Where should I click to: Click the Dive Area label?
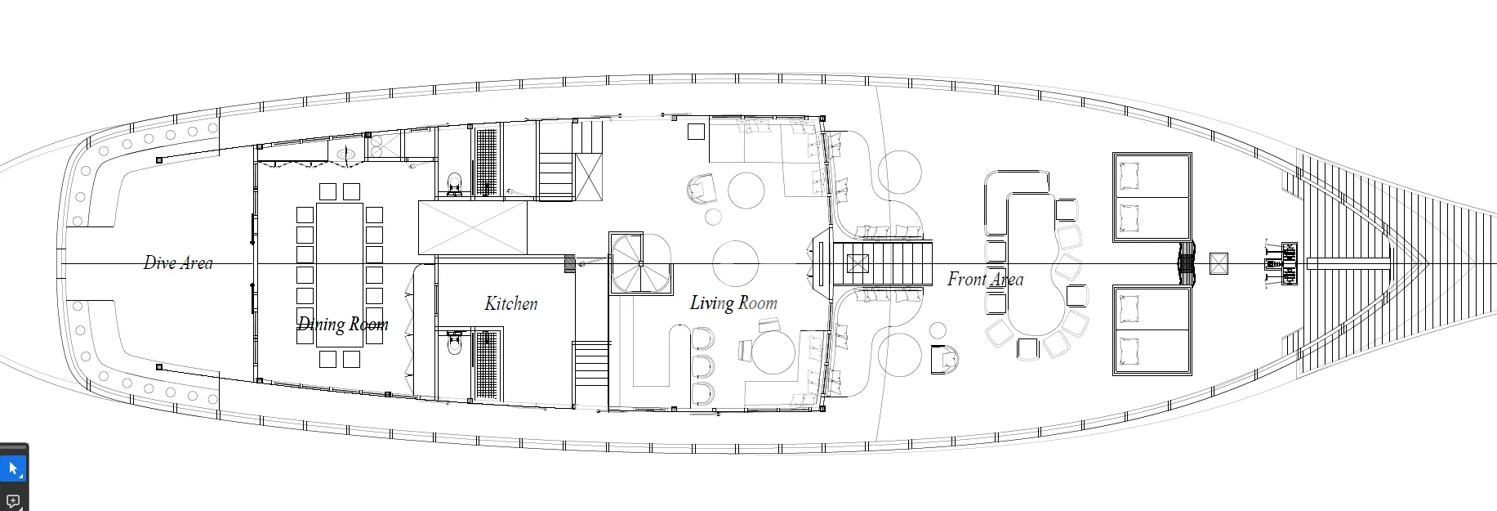click(x=178, y=263)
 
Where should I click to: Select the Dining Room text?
click(x=342, y=325)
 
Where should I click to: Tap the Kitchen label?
click(x=511, y=303)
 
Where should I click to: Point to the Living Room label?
click(x=733, y=303)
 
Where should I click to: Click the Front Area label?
click(x=985, y=280)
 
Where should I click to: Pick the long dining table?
click(x=340, y=275)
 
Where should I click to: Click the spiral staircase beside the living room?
click(x=640, y=263)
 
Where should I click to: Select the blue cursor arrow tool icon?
click(x=13, y=469)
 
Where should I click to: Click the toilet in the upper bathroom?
click(x=454, y=185)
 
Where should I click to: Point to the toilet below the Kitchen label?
click(x=454, y=344)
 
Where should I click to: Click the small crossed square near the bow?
click(x=1218, y=263)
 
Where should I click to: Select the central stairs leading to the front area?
click(x=883, y=262)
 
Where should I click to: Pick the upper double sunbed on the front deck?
click(x=1152, y=196)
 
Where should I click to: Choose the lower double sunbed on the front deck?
click(x=1152, y=330)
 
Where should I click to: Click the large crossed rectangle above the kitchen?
click(x=473, y=227)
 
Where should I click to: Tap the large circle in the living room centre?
click(x=736, y=263)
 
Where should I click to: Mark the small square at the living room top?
click(x=696, y=132)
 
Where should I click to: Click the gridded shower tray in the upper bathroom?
click(x=488, y=163)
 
